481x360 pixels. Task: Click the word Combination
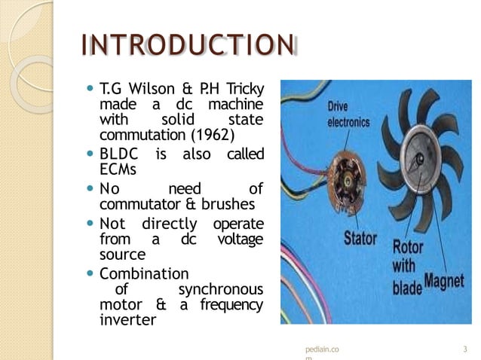coord(144,273)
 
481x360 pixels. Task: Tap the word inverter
coord(127,319)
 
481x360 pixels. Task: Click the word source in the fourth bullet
coord(122,255)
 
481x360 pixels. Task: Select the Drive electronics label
coord(347,114)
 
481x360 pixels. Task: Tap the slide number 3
coord(465,349)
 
